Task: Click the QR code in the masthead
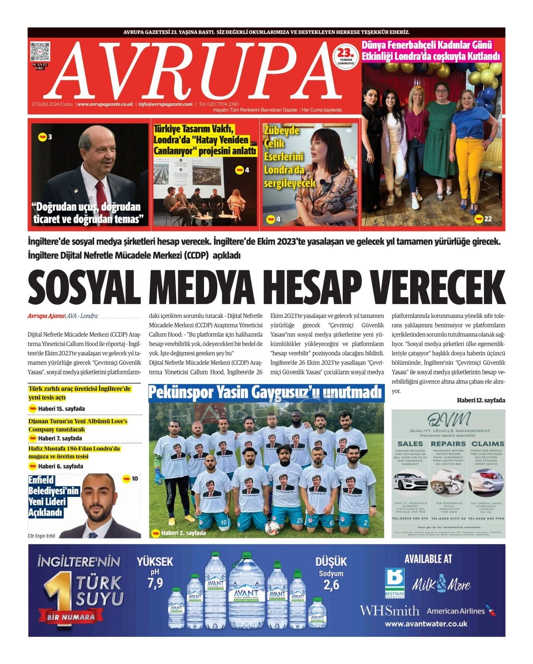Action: point(40,52)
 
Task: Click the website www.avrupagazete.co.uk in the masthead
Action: point(105,104)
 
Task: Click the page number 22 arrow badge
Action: point(483,218)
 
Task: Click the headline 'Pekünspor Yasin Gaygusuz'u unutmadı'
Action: point(266,392)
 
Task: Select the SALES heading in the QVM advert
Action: point(410,444)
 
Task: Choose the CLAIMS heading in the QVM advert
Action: point(487,444)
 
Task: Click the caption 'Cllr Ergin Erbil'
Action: point(42,536)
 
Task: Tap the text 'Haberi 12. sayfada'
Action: point(481,400)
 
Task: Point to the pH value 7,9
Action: point(155,583)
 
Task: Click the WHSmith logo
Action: point(389,611)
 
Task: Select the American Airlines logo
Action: point(461,611)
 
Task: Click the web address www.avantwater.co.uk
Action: point(426,624)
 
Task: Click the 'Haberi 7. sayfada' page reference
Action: point(60,438)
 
